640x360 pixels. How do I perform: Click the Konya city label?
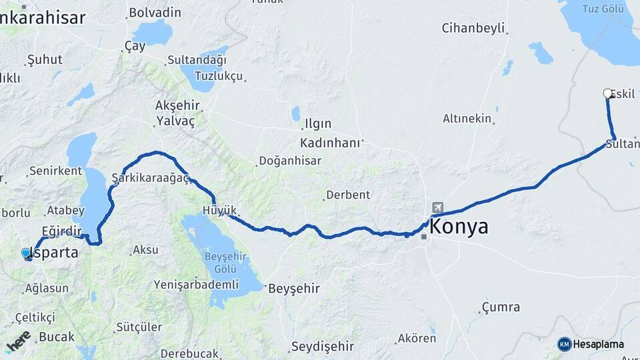click(459, 227)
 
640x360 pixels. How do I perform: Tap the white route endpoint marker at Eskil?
click(607, 93)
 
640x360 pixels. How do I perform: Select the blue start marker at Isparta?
click(27, 253)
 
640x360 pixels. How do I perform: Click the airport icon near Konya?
click(437, 207)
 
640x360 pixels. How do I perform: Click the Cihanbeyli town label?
click(473, 28)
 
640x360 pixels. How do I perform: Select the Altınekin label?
click(467, 119)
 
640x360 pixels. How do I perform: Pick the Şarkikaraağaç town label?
click(151, 178)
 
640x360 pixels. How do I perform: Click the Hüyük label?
click(215, 211)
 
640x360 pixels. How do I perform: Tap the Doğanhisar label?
click(290, 161)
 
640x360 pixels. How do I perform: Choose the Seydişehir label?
click(322, 347)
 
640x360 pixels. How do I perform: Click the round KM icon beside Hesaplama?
click(565, 344)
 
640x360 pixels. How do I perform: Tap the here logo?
click(18, 341)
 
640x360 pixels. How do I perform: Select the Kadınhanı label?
click(330, 143)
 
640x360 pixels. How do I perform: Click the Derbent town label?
click(347, 195)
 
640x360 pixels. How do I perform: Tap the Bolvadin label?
click(155, 12)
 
